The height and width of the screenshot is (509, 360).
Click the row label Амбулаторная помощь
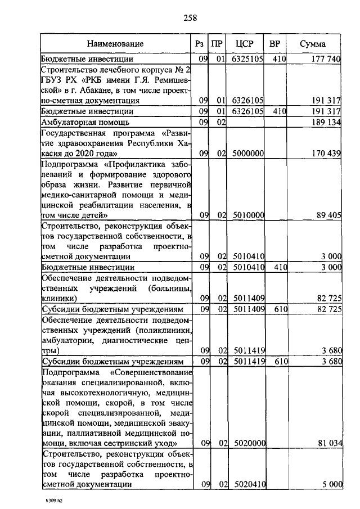click(x=85, y=121)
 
